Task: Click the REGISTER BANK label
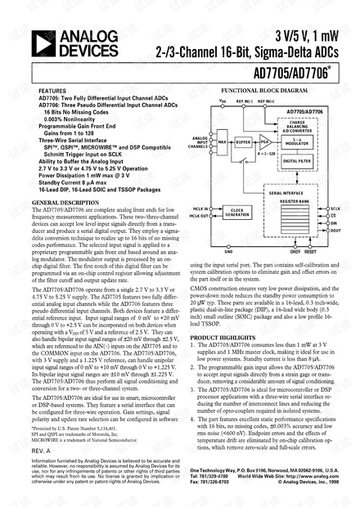294,200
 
